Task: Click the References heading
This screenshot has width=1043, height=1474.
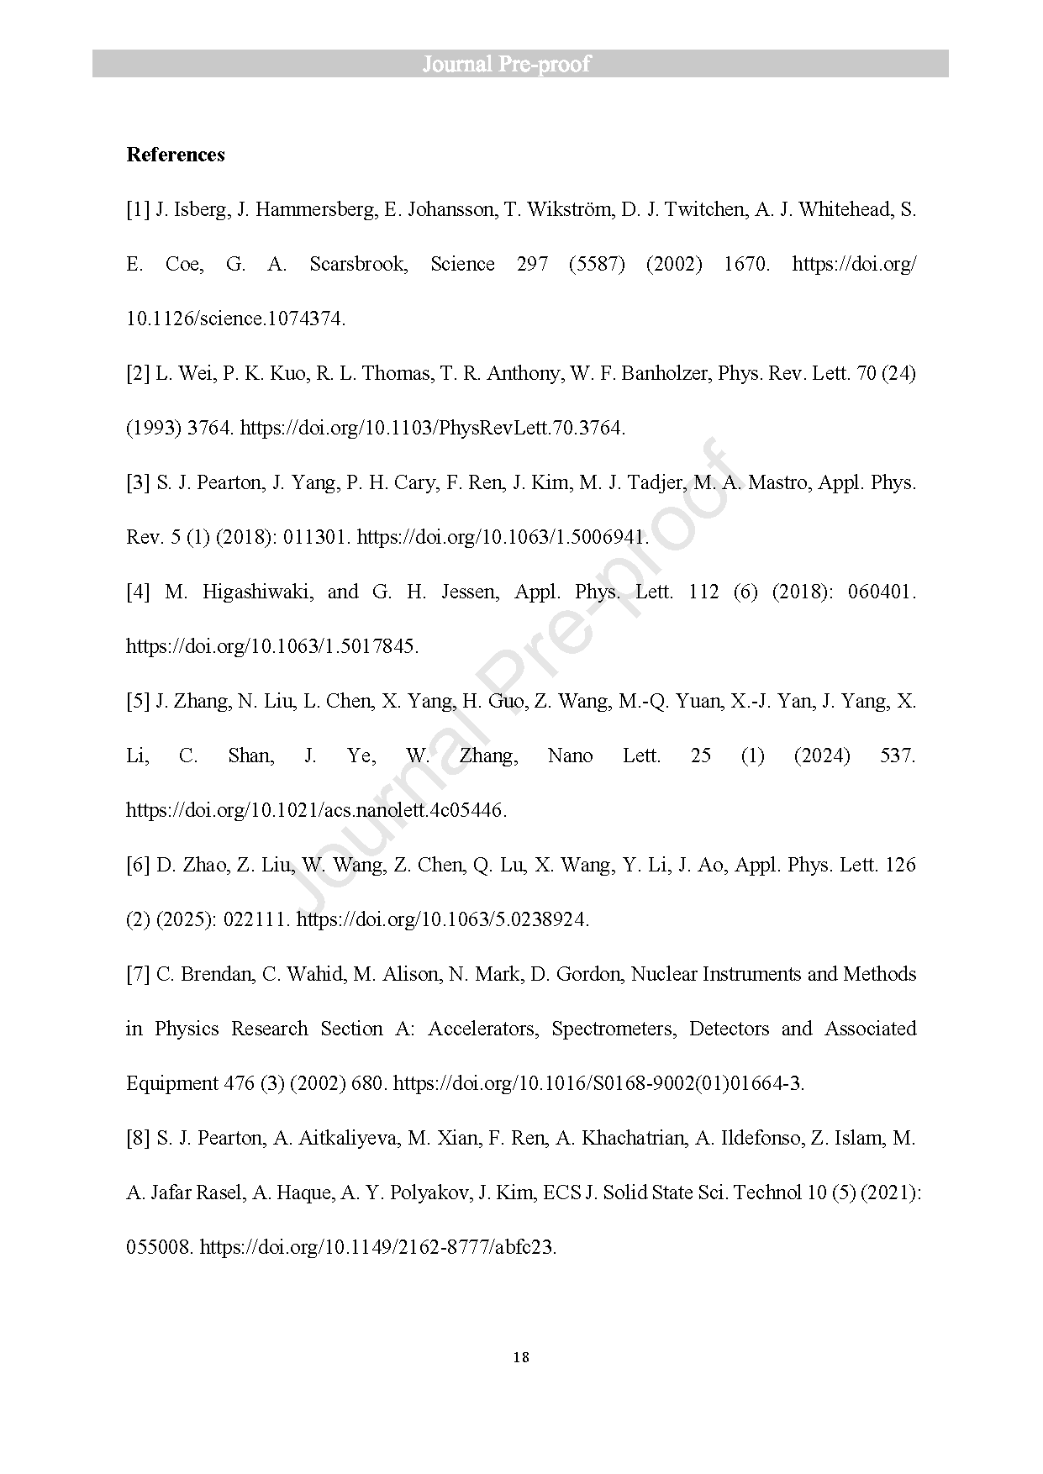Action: point(176,155)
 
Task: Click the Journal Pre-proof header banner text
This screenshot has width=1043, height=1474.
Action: point(506,64)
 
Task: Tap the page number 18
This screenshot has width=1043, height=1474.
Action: point(521,1357)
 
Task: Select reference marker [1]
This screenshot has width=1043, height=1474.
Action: point(138,209)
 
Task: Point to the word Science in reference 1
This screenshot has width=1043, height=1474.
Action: point(462,264)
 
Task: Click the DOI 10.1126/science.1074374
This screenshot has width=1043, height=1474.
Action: point(235,318)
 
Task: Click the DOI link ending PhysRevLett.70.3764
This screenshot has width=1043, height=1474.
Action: point(433,428)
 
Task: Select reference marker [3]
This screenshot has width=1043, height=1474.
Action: point(138,482)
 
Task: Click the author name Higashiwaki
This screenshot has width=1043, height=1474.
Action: point(257,592)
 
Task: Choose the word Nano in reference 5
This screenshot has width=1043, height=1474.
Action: point(570,755)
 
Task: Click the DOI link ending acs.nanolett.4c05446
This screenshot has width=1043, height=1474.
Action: point(316,810)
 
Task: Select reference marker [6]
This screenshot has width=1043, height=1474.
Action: point(138,865)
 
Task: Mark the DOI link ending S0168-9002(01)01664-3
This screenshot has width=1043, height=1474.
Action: point(598,1083)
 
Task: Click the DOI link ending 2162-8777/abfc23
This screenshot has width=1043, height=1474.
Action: point(378,1247)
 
